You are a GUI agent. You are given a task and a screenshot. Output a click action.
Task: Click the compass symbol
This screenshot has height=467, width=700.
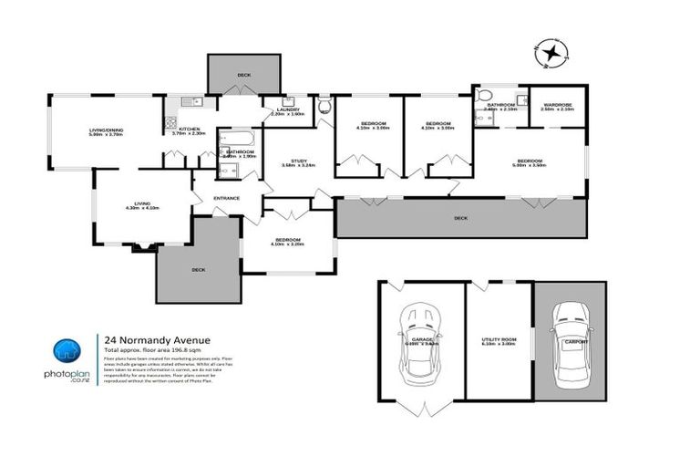pos(551,55)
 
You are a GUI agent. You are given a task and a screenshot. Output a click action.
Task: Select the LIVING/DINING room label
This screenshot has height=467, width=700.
pos(107,130)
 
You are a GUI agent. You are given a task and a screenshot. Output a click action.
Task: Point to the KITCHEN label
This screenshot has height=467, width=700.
pos(189,130)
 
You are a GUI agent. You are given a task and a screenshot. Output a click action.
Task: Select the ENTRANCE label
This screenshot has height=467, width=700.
pos(226,198)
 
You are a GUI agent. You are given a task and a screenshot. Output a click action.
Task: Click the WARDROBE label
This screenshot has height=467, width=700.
pos(557,105)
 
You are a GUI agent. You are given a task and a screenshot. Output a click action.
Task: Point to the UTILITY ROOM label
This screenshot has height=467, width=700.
pos(499,339)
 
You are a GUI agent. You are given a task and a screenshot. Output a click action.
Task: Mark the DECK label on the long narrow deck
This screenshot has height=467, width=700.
pos(460,218)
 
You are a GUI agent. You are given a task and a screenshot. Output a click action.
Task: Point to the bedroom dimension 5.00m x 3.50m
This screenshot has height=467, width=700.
pos(530,166)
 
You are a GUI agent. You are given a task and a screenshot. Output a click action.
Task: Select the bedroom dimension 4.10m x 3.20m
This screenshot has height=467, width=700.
pos(286,245)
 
